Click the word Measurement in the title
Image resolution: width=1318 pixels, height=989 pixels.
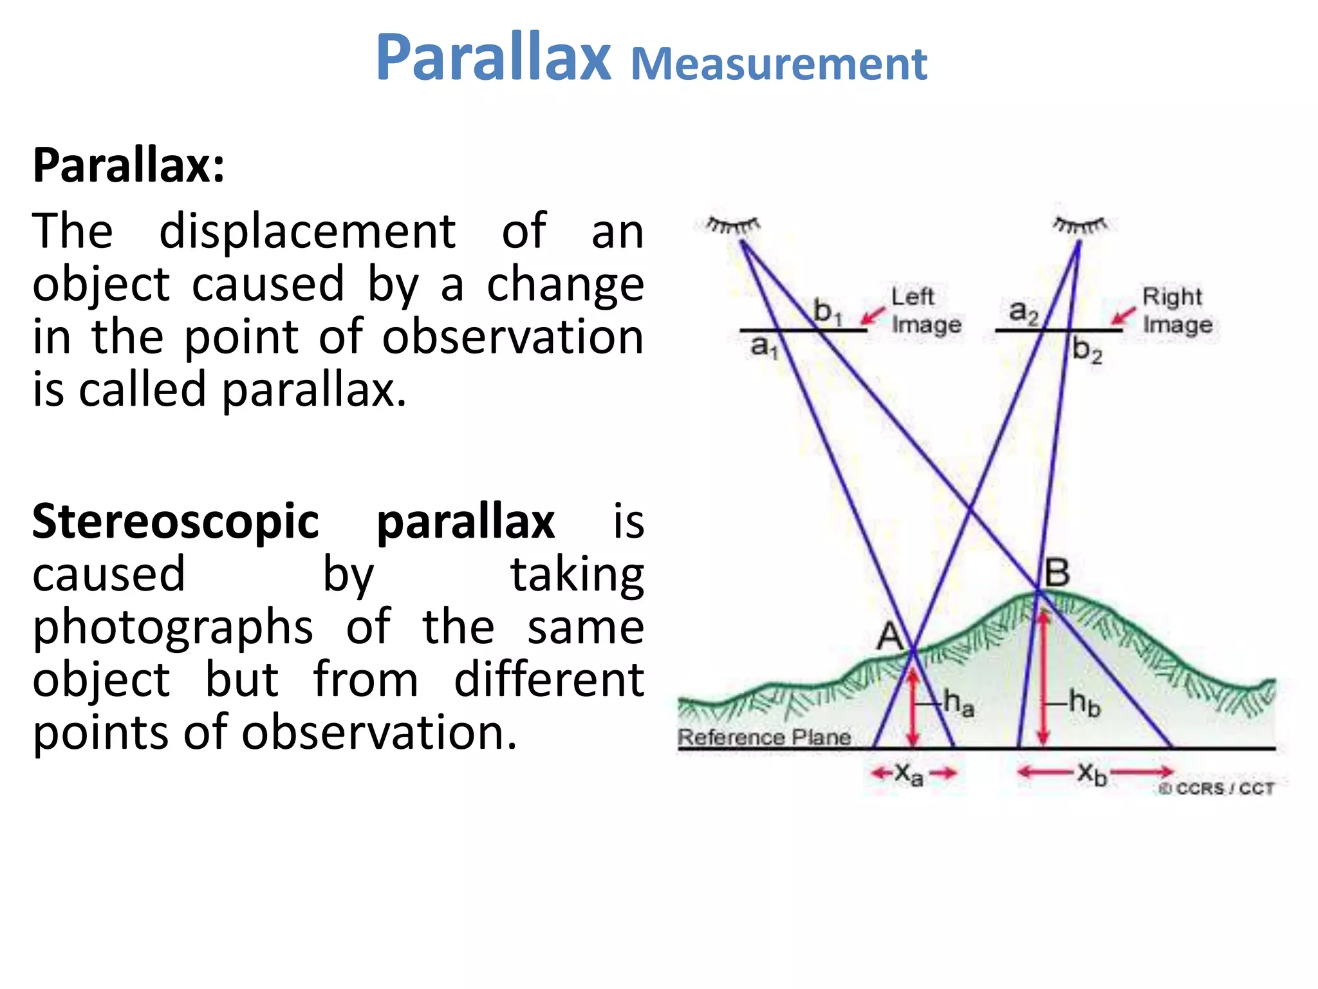click(x=779, y=64)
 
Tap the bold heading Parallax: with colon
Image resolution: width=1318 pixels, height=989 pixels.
click(x=129, y=166)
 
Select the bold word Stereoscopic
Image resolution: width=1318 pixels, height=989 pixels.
click(x=175, y=522)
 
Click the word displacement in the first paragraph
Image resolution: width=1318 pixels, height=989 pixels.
click(x=307, y=231)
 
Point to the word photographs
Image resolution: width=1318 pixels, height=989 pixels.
click(x=172, y=627)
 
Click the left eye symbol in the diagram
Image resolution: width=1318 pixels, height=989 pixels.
click(x=732, y=226)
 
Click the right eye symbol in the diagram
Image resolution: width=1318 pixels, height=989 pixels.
click(x=1080, y=226)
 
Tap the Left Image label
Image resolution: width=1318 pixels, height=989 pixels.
click(x=925, y=310)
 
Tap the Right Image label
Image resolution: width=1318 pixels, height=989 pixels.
click(x=1176, y=310)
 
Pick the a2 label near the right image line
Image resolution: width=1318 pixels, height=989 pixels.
click(x=1023, y=312)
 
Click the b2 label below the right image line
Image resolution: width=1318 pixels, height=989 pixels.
click(x=1087, y=352)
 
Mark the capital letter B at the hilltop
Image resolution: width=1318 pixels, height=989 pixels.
click(x=1057, y=572)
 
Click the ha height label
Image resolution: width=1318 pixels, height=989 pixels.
click(x=958, y=703)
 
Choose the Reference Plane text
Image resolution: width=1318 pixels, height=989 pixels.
click(x=764, y=737)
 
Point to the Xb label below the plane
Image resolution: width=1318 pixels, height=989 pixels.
click(x=1092, y=773)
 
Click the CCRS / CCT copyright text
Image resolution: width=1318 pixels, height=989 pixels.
click(x=1216, y=789)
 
